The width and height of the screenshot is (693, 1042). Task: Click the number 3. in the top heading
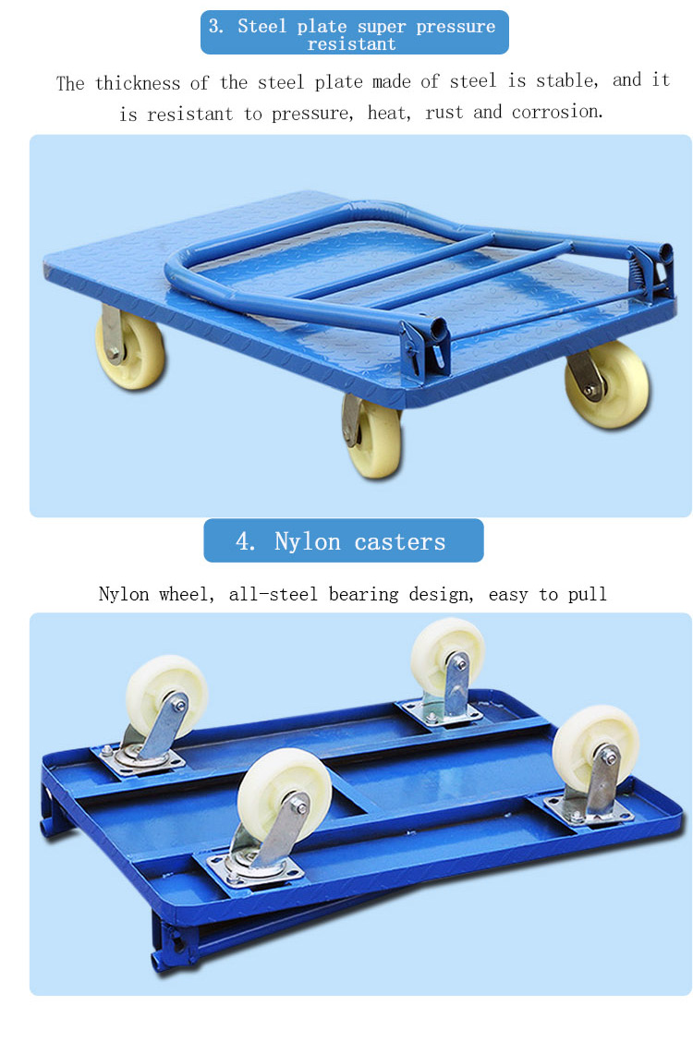[x=216, y=26]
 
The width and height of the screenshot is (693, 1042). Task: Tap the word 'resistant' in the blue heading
[x=352, y=44]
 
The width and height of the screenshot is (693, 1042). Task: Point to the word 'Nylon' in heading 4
[x=308, y=541]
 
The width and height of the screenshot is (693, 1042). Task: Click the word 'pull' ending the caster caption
[x=588, y=594]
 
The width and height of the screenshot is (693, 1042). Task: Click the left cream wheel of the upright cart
[x=131, y=349]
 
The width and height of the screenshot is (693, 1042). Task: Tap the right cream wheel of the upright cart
[x=608, y=383]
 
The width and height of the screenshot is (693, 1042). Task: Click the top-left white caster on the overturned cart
[x=167, y=695]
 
